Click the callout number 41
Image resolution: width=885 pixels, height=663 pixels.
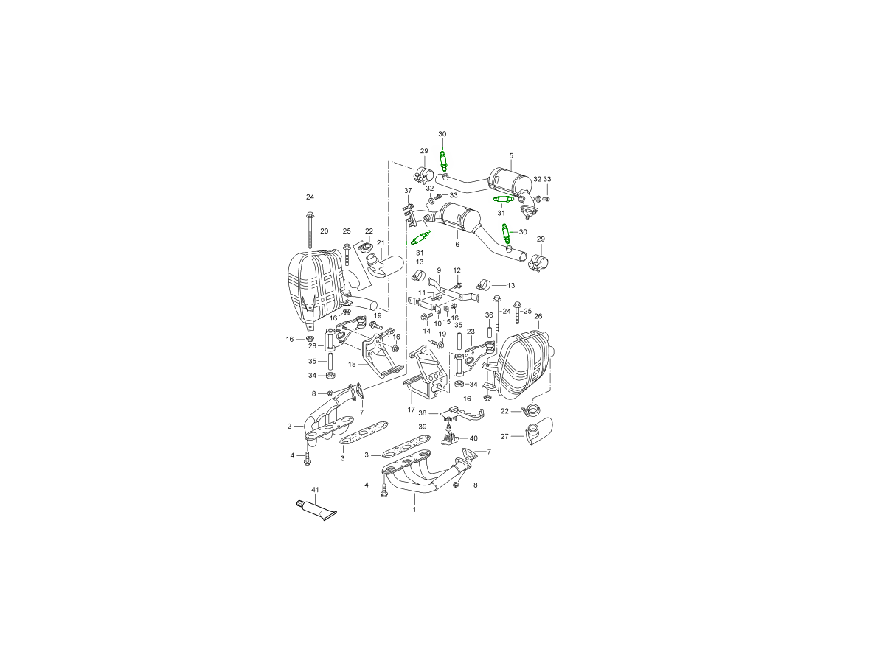[315, 489]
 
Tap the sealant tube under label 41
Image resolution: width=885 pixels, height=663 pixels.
[316, 511]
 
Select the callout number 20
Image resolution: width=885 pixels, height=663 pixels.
[324, 231]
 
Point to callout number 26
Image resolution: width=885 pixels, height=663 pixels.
[538, 316]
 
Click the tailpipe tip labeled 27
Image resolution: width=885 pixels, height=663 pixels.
[538, 431]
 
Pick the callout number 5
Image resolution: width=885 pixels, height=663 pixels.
[511, 155]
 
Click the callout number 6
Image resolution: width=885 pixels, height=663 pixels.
[457, 244]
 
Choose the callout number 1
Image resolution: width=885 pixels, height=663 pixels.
[414, 509]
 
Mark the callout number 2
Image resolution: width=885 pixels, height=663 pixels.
[289, 426]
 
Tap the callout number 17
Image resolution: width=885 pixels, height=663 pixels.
[411, 410]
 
